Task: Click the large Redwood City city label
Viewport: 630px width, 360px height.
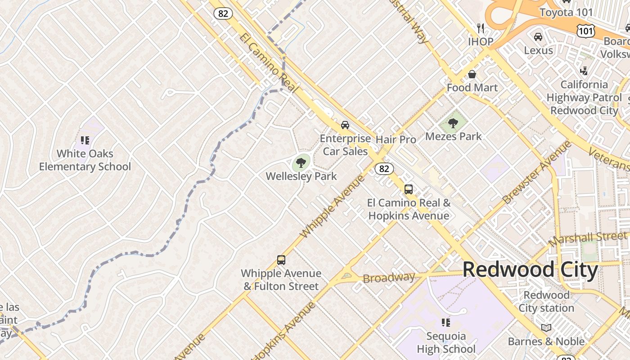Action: click(x=530, y=270)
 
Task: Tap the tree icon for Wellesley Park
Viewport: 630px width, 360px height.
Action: click(x=301, y=162)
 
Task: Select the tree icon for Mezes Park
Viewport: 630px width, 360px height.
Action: click(x=453, y=123)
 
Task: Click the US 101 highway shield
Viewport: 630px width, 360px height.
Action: click(x=585, y=31)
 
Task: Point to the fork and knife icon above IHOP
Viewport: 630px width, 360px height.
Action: click(x=481, y=28)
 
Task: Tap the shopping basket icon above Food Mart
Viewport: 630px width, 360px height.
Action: click(x=472, y=74)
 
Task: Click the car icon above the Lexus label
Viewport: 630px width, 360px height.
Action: click(x=538, y=37)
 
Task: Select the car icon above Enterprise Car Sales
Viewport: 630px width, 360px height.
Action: click(x=345, y=125)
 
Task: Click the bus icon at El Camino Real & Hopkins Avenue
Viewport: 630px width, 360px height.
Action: click(x=409, y=189)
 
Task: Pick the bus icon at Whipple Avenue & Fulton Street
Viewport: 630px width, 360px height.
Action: click(x=281, y=260)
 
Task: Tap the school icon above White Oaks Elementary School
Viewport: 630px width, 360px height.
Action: click(x=85, y=140)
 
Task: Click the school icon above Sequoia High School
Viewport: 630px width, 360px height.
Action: click(x=446, y=323)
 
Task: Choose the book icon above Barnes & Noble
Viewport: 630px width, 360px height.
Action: click(x=546, y=328)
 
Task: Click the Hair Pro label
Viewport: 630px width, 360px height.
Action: click(x=396, y=139)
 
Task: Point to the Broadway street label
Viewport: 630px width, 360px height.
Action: click(x=389, y=278)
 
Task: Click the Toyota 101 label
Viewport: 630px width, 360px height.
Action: click(x=566, y=12)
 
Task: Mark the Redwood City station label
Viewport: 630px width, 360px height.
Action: click(x=546, y=301)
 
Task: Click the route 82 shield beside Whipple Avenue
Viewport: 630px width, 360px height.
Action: click(x=384, y=169)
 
